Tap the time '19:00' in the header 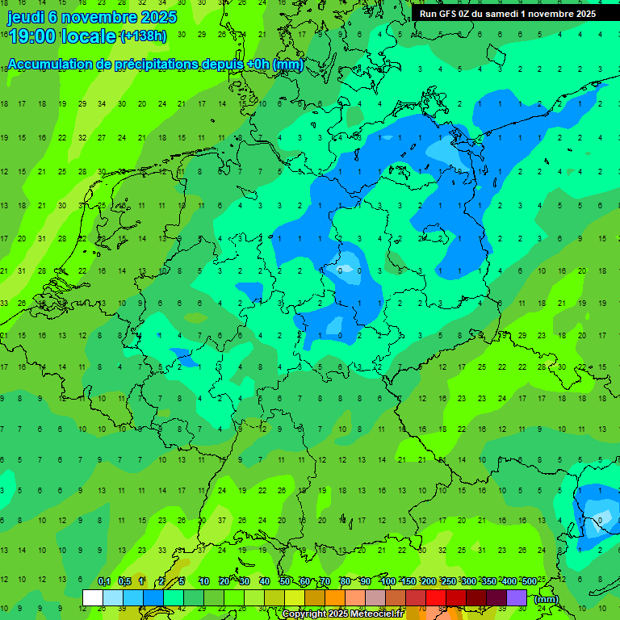pyautogui.click(x=32, y=36)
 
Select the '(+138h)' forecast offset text pyautogui.click(x=143, y=36)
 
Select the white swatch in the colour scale pyautogui.click(x=93, y=597)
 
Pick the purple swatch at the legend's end pyautogui.click(x=517, y=597)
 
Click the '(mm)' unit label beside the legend pyautogui.click(x=547, y=598)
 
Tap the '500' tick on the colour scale pyautogui.click(x=529, y=581)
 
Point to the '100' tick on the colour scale pyautogui.click(x=387, y=581)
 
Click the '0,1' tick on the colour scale pyautogui.click(x=104, y=581)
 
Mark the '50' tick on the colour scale pyautogui.click(x=285, y=581)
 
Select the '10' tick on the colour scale pyautogui.click(x=204, y=581)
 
